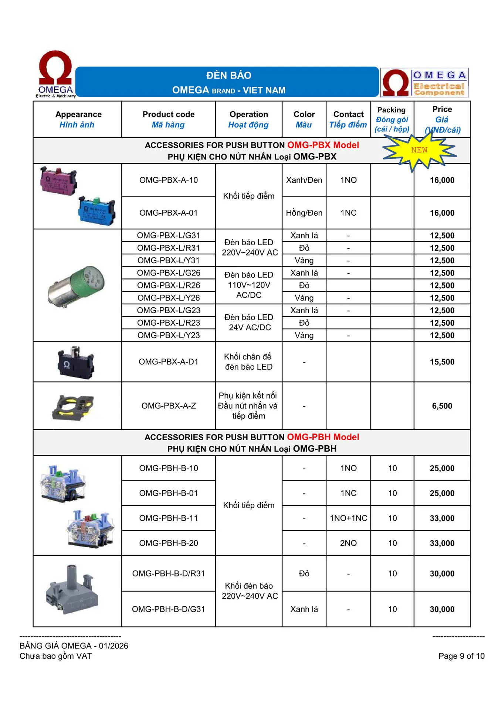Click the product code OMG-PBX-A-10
click(169, 180)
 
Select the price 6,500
click(442, 406)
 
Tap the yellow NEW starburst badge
click(419, 150)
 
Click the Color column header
click(304, 119)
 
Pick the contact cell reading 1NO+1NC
click(348, 518)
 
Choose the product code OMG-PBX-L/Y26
click(169, 298)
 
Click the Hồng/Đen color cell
click(304, 213)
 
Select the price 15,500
click(442, 362)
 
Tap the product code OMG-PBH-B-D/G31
click(169, 609)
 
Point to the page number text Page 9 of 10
click(461, 656)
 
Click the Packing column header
click(392, 119)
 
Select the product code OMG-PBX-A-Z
click(169, 406)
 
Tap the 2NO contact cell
click(348, 543)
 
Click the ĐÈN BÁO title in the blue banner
click(229, 76)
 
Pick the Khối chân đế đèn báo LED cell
click(248, 362)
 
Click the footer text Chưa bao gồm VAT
click(56, 656)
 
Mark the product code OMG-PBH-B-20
click(169, 543)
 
